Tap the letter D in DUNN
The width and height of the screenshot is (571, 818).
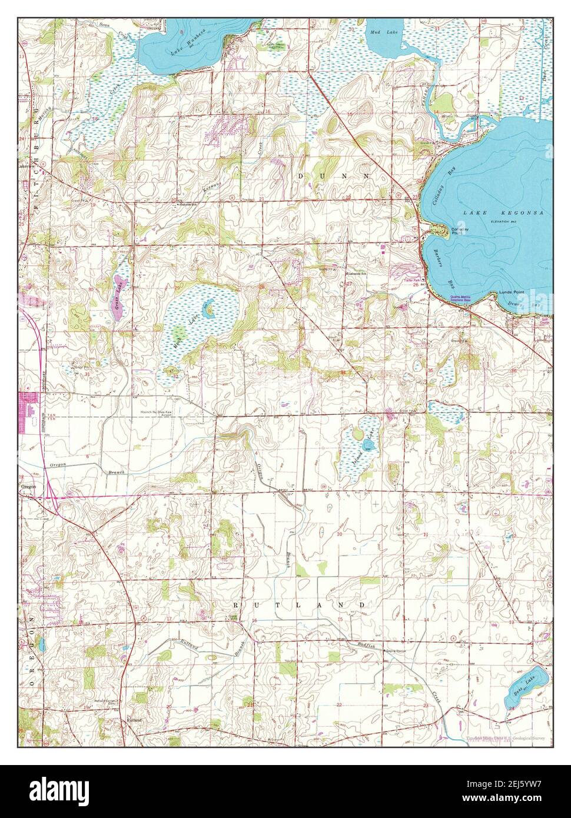coord(301,175)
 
